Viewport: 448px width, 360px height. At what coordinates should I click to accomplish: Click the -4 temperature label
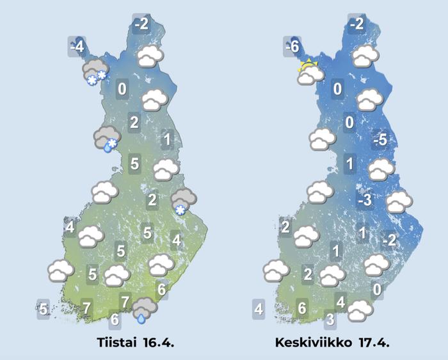click(x=77, y=47)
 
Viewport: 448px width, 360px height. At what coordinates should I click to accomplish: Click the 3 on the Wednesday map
click(x=330, y=318)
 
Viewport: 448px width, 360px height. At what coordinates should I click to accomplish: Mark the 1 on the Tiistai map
click(x=166, y=139)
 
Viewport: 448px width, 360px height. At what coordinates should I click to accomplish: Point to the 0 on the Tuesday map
click(x=122, y=90)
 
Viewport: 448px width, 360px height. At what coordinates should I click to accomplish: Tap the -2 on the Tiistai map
click(x=141, y=24)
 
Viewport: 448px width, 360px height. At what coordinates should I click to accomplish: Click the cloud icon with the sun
click(x=310, y=73)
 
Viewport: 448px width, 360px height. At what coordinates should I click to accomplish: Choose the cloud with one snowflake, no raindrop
click(x=183, y=202)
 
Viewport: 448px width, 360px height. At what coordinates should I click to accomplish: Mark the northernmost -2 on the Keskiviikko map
click(x=356, y=24)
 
